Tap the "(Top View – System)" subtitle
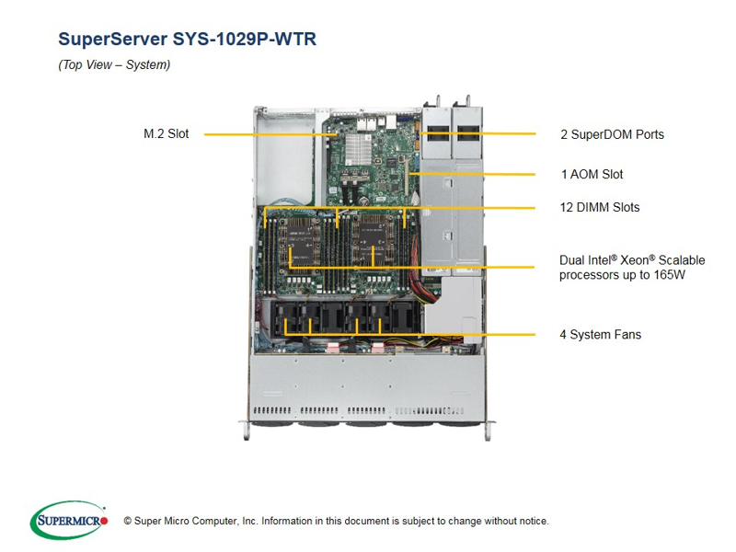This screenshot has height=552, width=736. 114,65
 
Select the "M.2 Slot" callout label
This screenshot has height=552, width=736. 166,133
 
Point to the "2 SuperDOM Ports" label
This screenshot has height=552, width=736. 612,134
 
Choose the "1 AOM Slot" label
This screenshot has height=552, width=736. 592,174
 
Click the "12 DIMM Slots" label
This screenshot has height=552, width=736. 599,207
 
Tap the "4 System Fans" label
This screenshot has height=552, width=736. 600,334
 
